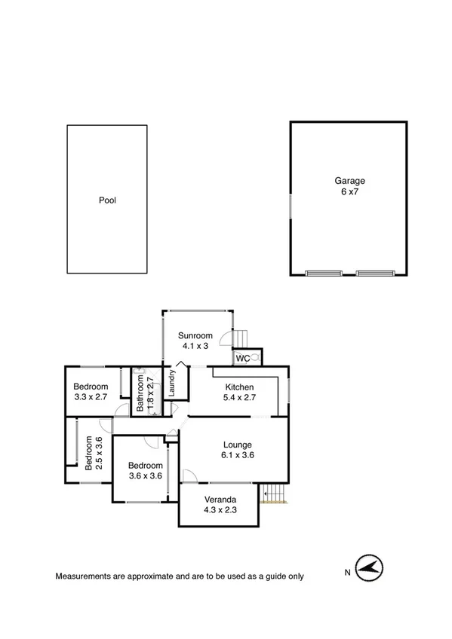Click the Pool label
(107, 200)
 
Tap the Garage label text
(350, 181)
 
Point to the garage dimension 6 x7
(350, 192)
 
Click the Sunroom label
(195, 335)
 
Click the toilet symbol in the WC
(255, 359)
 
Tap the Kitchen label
(239, 387)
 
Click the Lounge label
(237, 445)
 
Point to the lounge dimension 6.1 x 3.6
(237, 455)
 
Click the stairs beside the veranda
(273, 493)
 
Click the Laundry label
(173, 383)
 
